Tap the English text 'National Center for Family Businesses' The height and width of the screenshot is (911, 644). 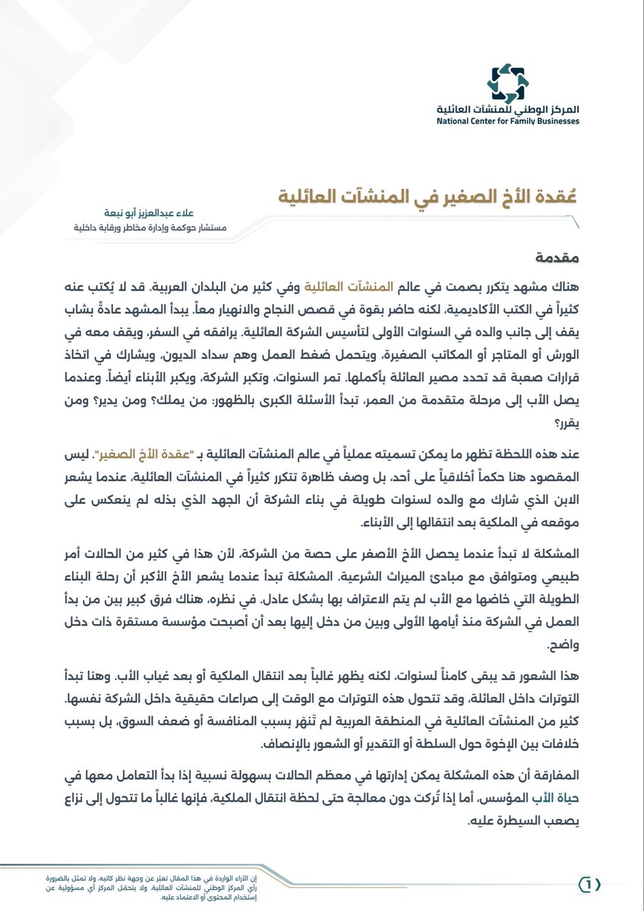coord(507,121)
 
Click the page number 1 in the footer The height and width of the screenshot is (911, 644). coord(589,884)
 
